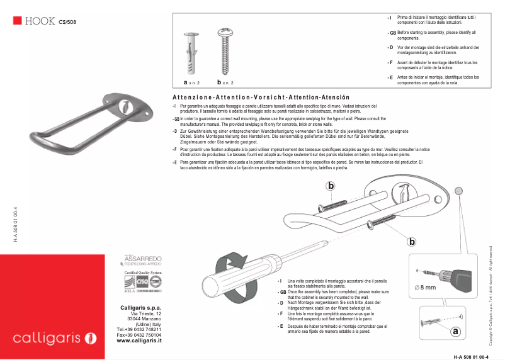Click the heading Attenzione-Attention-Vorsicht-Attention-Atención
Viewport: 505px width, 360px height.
pos(260,98)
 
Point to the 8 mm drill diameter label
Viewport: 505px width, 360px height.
pos(426,287)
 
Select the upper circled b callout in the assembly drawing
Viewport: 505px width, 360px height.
pos(331,185)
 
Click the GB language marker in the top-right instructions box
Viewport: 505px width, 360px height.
pos(392,32)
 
